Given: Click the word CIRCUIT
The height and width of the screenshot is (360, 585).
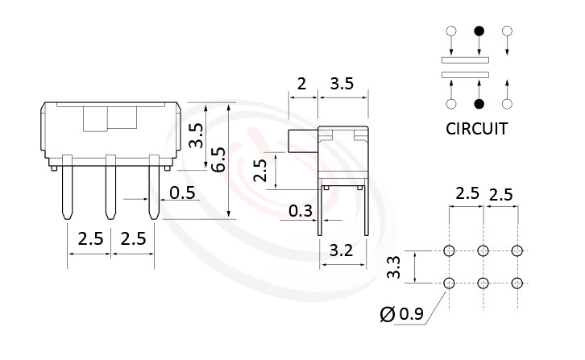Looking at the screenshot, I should click(476, 128).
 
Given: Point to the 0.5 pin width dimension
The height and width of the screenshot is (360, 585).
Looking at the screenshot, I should click(183, 193).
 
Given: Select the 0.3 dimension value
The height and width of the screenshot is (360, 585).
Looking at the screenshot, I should click(301, 211).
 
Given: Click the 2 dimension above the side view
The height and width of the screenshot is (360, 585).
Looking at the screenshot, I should click(301, 83).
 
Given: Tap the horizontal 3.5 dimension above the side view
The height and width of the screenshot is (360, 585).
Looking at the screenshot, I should click(343, 83).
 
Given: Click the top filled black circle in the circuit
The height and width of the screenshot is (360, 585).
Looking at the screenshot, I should click(479, 32).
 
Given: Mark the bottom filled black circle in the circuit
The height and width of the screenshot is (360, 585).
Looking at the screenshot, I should click(479, 103).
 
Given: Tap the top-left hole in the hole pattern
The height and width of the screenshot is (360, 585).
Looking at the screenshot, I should click(449, 250).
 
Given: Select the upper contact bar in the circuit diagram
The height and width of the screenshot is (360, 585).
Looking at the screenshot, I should click(466, 60).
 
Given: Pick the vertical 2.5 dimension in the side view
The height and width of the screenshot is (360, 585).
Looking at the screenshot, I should click(260, 170).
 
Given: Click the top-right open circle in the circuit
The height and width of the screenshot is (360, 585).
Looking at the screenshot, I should click(507, 32).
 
